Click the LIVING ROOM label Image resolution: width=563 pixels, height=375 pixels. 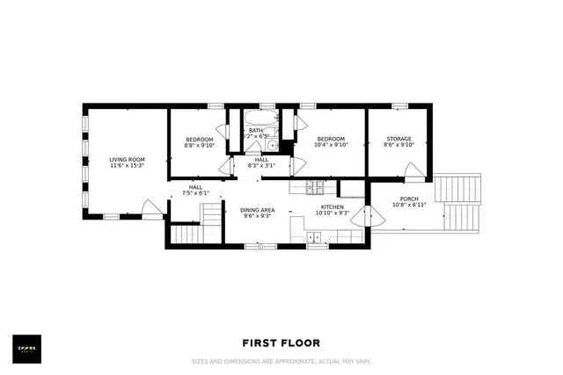(126, 159)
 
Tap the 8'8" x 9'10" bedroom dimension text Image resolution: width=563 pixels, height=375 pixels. (199, 146)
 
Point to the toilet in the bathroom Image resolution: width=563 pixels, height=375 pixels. (273, 146)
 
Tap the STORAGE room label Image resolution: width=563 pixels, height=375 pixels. (399, 139)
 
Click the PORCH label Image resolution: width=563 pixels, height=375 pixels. (409, 198)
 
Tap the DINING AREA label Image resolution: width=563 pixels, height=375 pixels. (258, 210)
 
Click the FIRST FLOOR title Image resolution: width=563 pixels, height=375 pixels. (281, 343)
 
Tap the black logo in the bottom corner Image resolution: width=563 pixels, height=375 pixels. (26, 348)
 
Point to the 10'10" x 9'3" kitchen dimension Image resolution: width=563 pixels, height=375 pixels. (333, 213)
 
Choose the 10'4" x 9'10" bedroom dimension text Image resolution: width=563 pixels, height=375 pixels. (330, 146)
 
